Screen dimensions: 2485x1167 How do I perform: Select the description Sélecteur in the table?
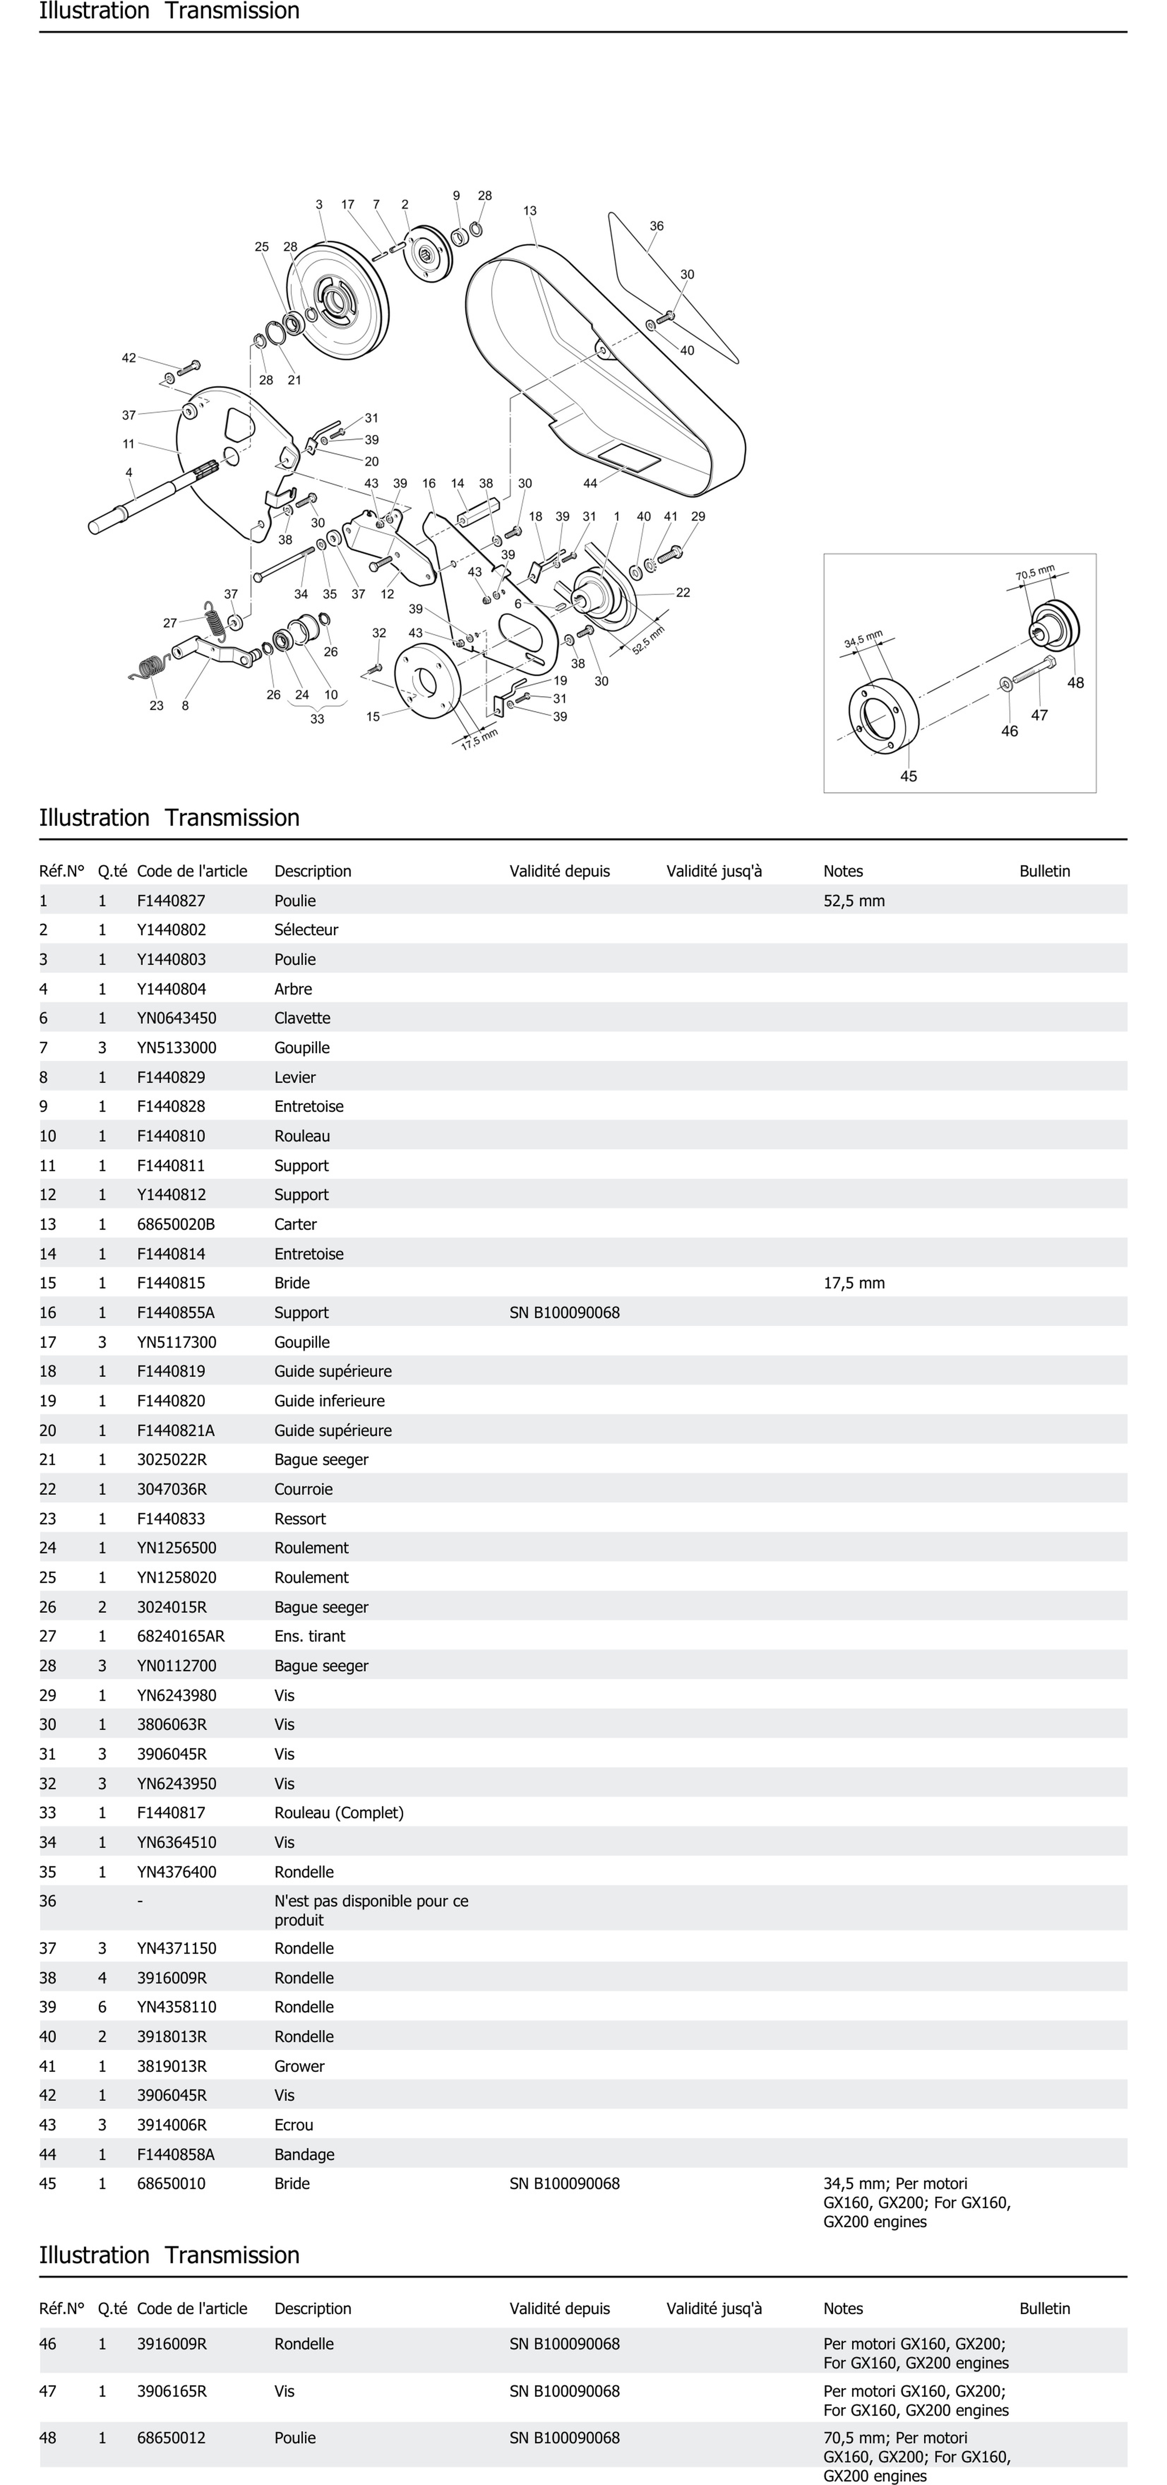coord(306,930)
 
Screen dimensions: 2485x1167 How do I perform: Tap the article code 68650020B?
coord(175,1224)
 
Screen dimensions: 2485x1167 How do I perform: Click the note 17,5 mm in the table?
coord(854,1283)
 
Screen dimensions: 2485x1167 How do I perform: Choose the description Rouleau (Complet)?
coord(339,1813)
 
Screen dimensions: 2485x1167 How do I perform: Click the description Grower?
coord(299,2066)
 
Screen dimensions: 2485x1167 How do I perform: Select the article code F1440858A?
coord(175,2154)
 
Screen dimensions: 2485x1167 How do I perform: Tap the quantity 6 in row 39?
coord(102,2006)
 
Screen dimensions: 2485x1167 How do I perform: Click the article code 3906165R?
coord(172,2390)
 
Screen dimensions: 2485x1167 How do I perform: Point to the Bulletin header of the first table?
coord(1045,871)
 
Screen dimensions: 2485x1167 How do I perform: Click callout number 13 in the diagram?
coord(529,210)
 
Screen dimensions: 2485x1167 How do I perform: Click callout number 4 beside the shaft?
coord(129,473)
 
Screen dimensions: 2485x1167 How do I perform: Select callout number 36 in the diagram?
coord(656,226)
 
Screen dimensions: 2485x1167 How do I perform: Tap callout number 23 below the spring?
coord(156,705)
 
